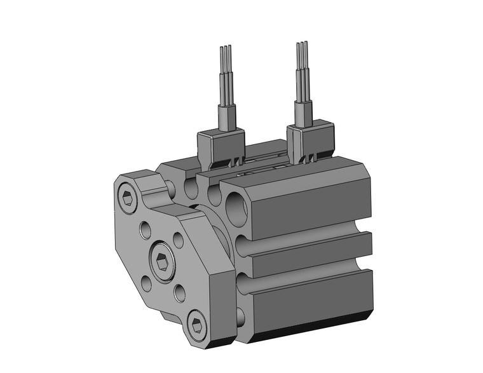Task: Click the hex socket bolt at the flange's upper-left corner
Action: (x=128, y=200)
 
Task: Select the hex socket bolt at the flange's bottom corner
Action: (x=198, y=325)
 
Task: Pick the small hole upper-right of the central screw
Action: (x=179, y=240)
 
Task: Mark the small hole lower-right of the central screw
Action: (x=179, y=293)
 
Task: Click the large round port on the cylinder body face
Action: (x=235, y=207)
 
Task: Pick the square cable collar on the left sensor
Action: (x=227, y=116)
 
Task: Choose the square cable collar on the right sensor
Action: (x=303, y=112)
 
